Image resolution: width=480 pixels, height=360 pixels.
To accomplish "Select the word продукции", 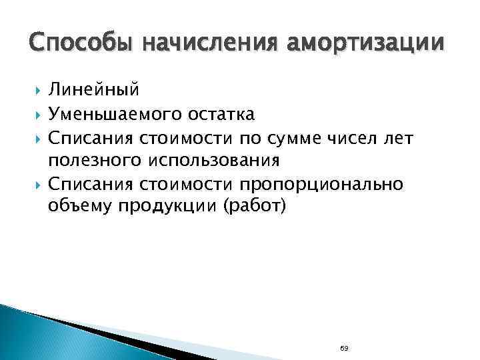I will point(170,207).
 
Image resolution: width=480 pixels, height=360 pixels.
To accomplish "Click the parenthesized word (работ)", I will point(257,207).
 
